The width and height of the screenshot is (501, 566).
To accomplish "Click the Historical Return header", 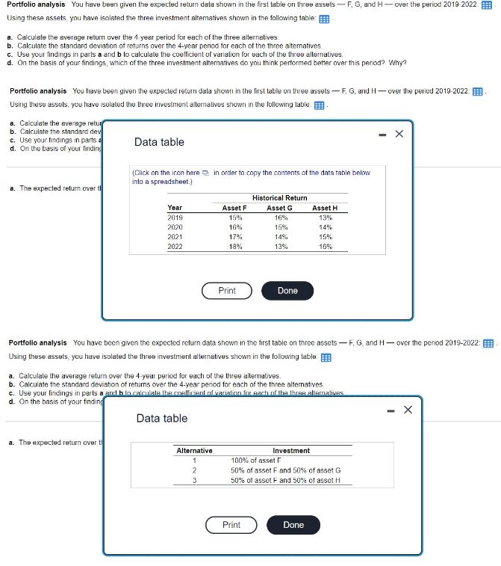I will pos(279,197).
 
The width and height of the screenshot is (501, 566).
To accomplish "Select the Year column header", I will pos(175,207).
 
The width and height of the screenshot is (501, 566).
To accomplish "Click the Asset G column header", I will pos(279,207).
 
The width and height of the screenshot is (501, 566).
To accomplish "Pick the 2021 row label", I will pos(175,236).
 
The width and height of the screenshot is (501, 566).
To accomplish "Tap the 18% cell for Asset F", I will pos(234,246).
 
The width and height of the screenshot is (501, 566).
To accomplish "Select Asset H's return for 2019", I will pos(325,217).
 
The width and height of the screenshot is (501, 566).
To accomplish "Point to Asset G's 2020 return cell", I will pos(279,227).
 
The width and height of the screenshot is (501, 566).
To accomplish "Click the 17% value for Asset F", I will pos(234,236).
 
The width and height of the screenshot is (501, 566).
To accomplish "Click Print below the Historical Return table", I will pos(227,291).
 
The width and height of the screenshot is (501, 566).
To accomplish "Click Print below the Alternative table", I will pos(231,525).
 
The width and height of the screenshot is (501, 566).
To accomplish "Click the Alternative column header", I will pos(194,450).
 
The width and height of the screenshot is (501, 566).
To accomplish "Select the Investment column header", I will pos(291,450).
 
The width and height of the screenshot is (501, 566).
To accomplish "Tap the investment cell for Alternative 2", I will pos(286,470).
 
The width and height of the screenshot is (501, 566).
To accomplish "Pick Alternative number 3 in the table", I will pos(194,480).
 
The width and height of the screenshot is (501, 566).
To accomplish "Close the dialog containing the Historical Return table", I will pos(398,135).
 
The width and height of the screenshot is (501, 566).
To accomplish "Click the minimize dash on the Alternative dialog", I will pos(389,410).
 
